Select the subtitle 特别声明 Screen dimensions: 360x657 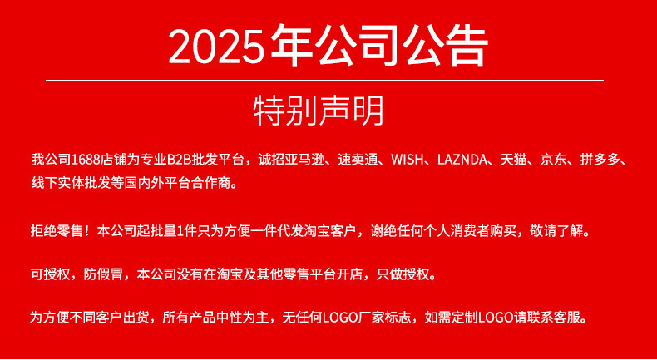pos(319,111)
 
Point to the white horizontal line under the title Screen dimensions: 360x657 pos(324,81)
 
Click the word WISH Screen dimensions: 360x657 pos(408,160)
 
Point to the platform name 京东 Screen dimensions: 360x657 pos(553,160)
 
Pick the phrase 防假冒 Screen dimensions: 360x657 pos(101,274)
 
